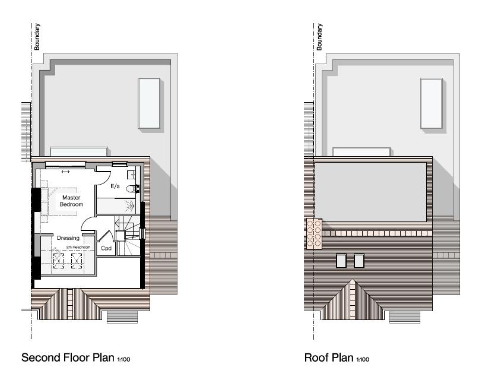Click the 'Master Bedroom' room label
click(x=71, y=201)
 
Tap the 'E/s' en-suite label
click(x=115, y=186)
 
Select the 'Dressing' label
click(x=68, y=238)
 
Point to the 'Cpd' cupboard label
click(x=106, y=248)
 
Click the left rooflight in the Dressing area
click(x=59, y=260)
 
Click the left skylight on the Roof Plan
click(x=341, y=260)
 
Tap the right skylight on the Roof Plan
click(x=359, y=260)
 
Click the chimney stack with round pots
click(x=314, y=232)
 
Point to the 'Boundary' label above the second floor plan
click(x=37, y=37)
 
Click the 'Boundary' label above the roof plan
click(x=319, y=37)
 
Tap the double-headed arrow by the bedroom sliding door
click(x=65, y=172)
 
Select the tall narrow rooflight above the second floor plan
click(x=149, y=102)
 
